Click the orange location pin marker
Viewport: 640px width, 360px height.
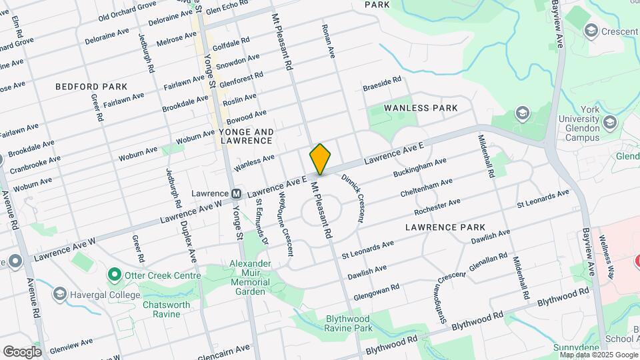[321, 159]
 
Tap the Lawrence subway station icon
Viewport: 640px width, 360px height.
[236, 194]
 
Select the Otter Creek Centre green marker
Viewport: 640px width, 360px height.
[115, 275]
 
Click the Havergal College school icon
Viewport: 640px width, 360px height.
[60, 294]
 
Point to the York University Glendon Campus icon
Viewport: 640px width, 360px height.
[609, 123]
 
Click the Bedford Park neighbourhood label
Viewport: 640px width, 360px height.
[91, 87]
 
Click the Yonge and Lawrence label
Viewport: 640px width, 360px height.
[246, 136]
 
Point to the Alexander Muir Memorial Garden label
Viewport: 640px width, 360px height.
[251, 277]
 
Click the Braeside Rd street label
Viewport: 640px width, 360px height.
[382, 84]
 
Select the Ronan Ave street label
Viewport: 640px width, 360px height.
[328, 41]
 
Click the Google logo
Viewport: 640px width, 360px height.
[22, 351]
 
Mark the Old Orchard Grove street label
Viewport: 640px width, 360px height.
[127, 11]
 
